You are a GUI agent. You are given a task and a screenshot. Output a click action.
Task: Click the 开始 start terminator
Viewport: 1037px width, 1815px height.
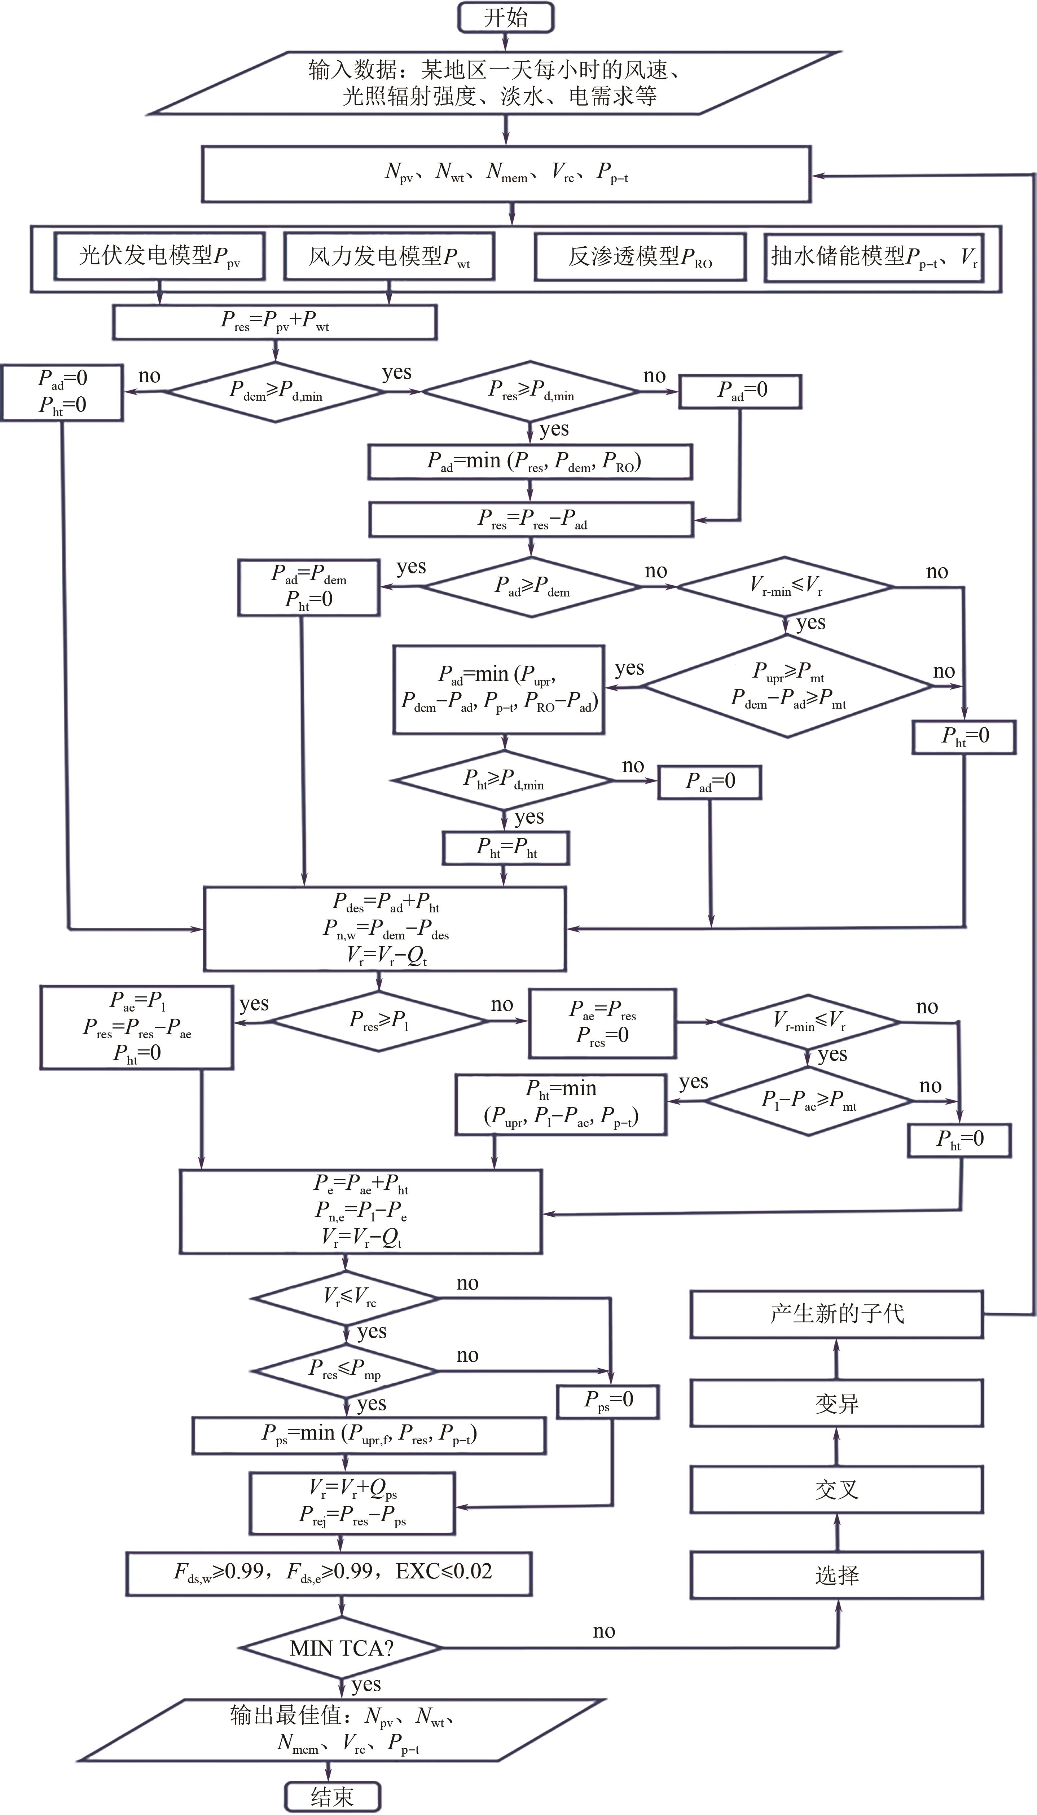(505, 17)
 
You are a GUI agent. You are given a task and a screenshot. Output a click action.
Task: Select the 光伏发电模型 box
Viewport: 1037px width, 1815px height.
(159, 256)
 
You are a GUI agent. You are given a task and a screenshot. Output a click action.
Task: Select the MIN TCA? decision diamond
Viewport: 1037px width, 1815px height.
(341, 1648)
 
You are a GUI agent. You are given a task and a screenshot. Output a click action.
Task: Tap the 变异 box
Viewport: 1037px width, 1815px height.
(837, 1404)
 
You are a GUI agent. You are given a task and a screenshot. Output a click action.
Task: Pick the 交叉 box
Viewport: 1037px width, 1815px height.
(837, 1489)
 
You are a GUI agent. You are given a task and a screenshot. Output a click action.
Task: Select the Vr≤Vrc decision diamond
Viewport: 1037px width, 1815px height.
(346, 1298)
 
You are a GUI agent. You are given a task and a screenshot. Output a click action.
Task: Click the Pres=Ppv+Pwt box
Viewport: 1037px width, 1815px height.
(274, 322)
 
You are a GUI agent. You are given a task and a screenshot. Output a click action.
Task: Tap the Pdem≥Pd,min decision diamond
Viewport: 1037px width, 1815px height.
(276, 391)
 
